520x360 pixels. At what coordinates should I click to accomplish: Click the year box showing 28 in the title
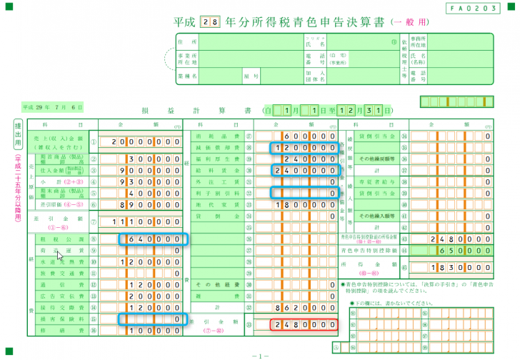click(212, 21)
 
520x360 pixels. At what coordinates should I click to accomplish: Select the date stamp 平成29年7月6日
click(53, 107)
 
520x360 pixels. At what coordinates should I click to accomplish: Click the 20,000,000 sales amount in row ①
click(146, 141)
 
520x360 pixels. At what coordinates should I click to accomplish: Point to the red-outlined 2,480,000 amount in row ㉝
click(303, 325)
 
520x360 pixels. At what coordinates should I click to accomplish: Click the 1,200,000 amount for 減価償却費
click(303, 148)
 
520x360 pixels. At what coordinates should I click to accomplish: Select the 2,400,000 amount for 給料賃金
click(303, 171)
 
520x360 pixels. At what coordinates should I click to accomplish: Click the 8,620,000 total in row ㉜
click(303, 307)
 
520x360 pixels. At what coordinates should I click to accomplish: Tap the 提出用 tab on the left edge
click(19, 136)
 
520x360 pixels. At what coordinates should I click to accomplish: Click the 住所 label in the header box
click(190, 42)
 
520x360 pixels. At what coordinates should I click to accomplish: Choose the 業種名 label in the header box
click(190, 74)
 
